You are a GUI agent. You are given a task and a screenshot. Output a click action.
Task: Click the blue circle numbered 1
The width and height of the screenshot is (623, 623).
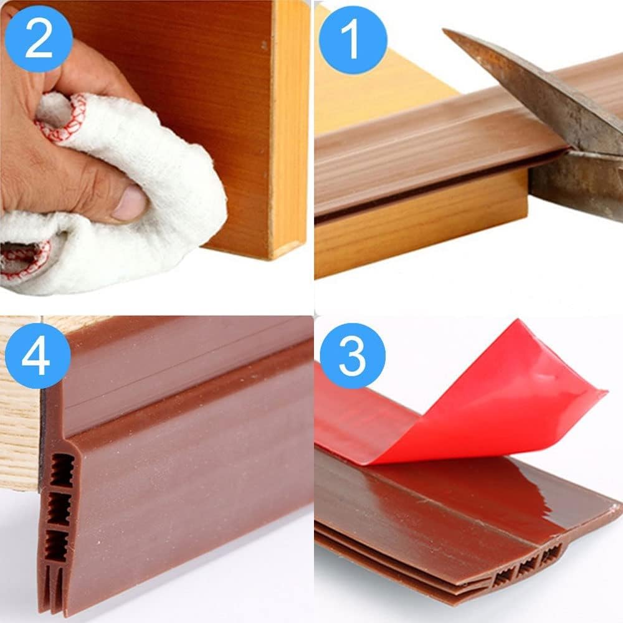click(353, 40)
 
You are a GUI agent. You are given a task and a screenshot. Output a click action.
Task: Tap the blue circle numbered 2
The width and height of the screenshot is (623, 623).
click(39, 39)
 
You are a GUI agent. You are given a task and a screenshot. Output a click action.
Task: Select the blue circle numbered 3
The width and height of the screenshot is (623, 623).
click(353, 356)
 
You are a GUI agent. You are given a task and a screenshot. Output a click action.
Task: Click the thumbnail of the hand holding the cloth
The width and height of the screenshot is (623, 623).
click(155, 147)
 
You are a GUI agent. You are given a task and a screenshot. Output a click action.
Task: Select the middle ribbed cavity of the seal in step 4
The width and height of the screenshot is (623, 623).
click(60, 509)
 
